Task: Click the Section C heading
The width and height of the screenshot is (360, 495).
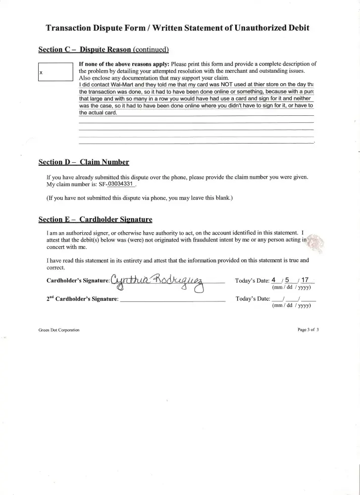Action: (103, 49)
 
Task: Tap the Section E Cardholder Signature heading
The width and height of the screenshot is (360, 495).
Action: (95, 219)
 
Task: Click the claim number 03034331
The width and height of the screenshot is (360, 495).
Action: (121, 184)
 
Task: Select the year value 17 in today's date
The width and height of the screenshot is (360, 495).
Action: (305, 280)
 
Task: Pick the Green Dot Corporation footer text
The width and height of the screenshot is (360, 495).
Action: (58, 330)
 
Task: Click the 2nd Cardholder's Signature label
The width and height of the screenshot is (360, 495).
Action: (82, 299)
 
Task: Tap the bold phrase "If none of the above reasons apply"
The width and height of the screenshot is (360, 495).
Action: (124, 64)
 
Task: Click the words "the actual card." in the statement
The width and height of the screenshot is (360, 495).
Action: (98, 113)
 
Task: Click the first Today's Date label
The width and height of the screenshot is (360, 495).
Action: (252, 281)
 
